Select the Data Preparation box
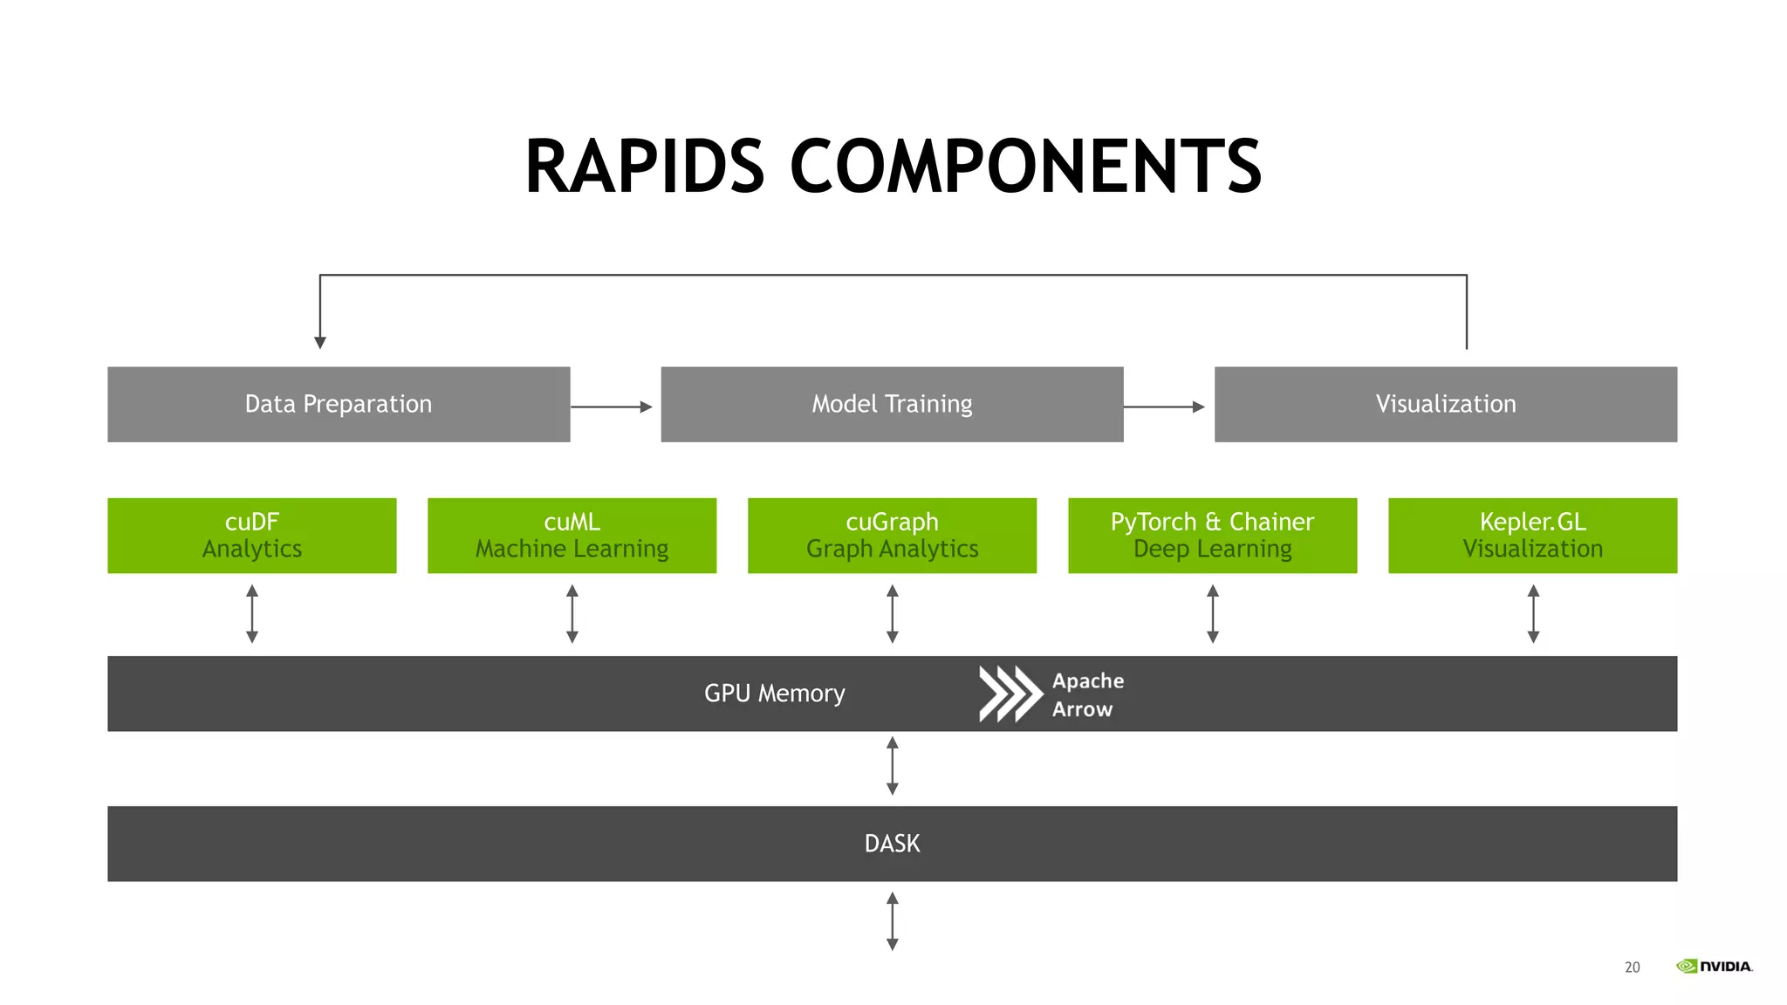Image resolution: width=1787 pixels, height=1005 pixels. point(339,404)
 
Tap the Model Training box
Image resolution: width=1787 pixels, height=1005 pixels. point(892,404)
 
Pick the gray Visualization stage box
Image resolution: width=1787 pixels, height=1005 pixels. point(1445,404)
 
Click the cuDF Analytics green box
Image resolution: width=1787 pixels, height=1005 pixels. point(251,535)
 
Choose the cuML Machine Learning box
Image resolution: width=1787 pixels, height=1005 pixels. point(572,535)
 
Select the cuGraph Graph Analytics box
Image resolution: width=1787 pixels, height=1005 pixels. point(892,535)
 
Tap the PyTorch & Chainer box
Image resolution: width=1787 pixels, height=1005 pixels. point(1212,535)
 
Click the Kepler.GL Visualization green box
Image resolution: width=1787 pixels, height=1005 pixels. point(1532,535)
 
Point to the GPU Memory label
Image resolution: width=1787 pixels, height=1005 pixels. point(774,694)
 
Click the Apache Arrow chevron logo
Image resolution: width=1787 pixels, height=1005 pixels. point(1010,694)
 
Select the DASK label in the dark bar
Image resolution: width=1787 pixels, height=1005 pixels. point(892,844)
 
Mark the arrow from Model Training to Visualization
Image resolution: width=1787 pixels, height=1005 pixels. point(1165,407)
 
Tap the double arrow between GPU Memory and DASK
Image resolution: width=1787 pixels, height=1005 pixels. point(892,766)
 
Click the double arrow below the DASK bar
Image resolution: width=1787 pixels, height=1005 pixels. point(892,921)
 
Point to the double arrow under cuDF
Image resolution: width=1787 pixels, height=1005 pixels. point(252,614)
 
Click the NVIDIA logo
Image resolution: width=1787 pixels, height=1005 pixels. point(1714,966)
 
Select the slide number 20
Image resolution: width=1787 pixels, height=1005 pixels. point(1632,967)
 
